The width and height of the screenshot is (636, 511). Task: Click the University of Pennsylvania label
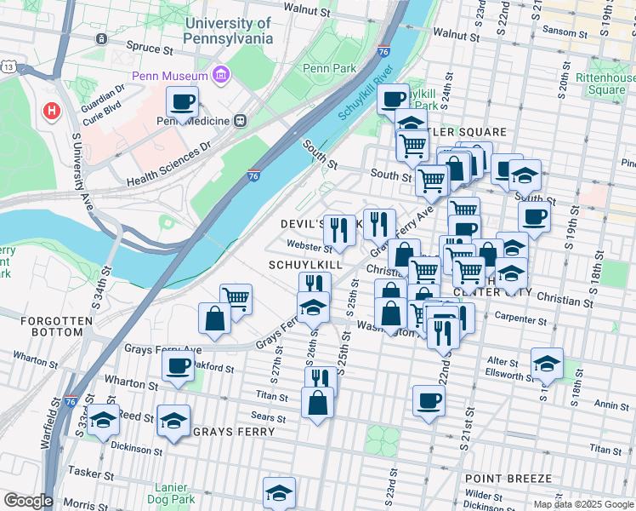(x=229, y=31)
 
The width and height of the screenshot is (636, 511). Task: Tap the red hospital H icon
(x=52, y=111)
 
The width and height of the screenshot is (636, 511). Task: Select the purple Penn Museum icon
(x=223, y=76)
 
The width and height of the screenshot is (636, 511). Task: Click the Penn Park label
(x=328, y=68)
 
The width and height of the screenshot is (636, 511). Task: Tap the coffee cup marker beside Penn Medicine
(x=182, y=103)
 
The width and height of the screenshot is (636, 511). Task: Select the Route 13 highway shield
(x=8, y=66)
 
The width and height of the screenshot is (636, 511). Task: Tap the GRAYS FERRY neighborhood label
(x=234, y=432)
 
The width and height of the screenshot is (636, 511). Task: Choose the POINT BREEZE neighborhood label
(x=508, y=479)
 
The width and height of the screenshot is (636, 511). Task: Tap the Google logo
(x=28, y=501)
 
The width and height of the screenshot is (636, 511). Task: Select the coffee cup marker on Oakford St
(x=178, y=366)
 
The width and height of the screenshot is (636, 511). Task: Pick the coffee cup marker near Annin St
(x=429, y=399)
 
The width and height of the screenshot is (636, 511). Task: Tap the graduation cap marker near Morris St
(x=279, y=493)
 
